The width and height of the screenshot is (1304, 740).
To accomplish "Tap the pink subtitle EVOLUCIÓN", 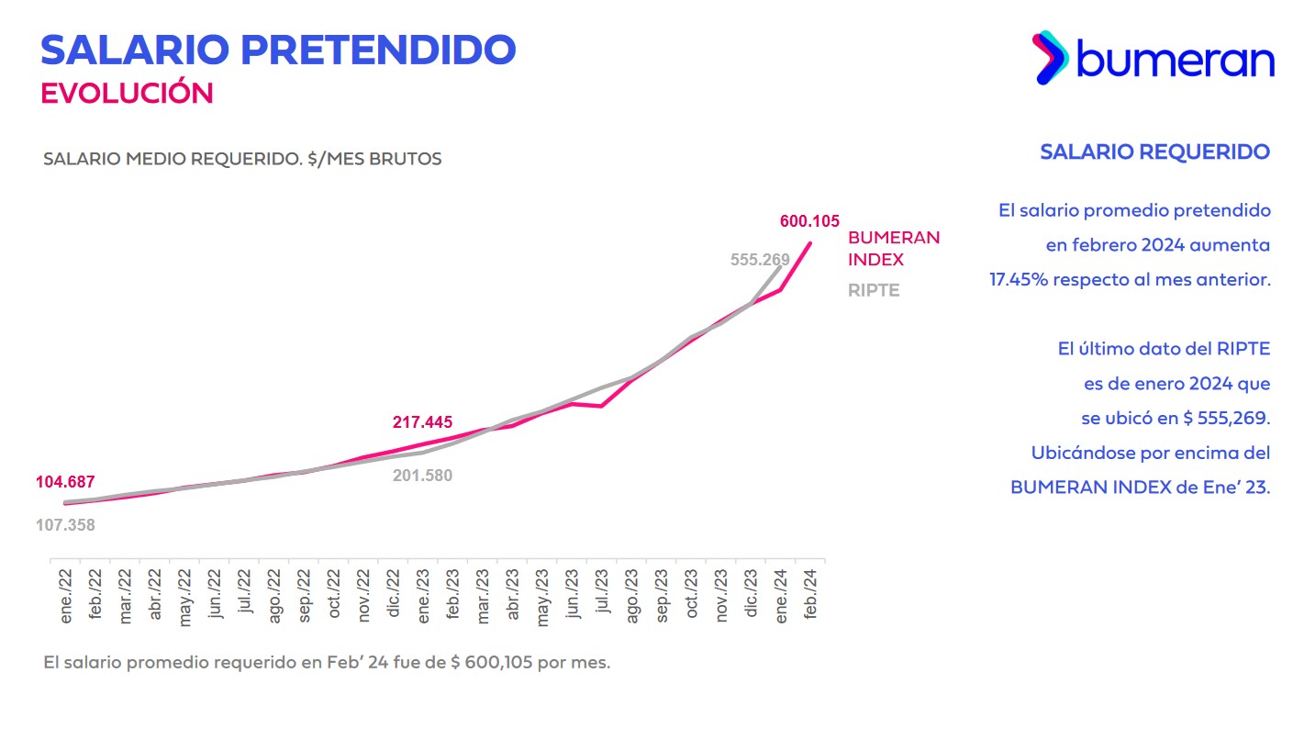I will click(x=127, y=93).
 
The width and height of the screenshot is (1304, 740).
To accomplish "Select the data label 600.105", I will click(x=809, y=221).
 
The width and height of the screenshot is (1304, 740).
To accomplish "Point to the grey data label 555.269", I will click(x=760, y=260).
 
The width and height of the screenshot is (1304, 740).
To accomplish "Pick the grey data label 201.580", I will click(x=423, y=475).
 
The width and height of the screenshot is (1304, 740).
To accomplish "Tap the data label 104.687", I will click(x=65, y=482).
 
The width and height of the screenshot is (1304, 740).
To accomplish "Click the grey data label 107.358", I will click(x=65, y=525).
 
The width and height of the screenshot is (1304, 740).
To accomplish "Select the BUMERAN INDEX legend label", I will click(x=893, y=248).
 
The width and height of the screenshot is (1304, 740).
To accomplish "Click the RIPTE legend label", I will click(x=873, y=290).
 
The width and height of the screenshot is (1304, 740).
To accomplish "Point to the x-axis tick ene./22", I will click(x=66, y=596).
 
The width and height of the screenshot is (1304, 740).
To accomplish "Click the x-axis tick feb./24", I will click(x=809, y=596).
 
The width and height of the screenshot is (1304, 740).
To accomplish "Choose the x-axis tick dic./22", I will click(x=394, y=596).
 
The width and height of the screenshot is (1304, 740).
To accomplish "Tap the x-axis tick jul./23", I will click(x=602, y=596).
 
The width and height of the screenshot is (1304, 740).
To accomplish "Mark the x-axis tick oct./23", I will click(x=691, y=596).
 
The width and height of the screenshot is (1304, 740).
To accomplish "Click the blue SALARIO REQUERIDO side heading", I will click(x=1154, y=151).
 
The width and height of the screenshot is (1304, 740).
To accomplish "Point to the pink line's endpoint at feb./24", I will click(x=810, y=242).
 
